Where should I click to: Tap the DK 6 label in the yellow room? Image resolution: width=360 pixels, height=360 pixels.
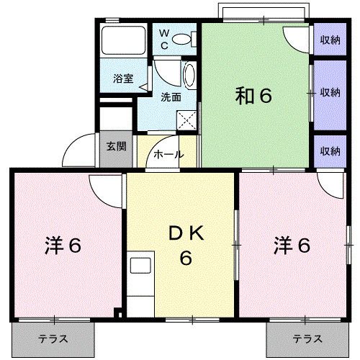[185, 245]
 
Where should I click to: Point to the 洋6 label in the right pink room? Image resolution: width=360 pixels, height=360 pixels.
[292, 246]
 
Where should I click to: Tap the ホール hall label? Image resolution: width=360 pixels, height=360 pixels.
[167, 155]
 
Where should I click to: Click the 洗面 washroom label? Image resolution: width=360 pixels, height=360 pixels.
[170, 97]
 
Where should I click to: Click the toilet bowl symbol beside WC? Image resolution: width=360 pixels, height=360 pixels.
[184, 40]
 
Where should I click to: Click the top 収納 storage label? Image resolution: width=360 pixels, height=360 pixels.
[330, 40]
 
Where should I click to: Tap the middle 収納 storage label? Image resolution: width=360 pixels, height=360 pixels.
[330, 92]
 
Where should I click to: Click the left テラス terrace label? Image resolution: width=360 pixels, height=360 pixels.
[53, 338]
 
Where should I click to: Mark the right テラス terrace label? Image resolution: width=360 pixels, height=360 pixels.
[307, 338]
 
